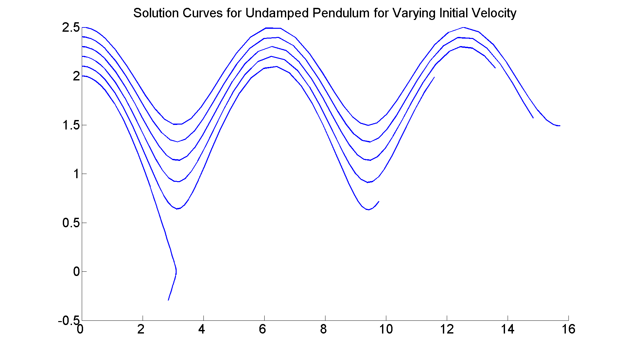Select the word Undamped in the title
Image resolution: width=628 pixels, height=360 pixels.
(x=277, y=13)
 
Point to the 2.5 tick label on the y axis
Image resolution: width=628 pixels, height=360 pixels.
(x=71, y=28)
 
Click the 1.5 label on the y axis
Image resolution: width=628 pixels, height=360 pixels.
(x=71, y=125)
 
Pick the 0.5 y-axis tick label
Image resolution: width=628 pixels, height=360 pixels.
(x=71, y=223)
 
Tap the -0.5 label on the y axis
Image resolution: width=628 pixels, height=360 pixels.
(x=69, y=321)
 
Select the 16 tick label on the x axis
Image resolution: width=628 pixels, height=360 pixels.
(x=568, y=329)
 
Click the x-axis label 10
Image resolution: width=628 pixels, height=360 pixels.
(x=386, y=329)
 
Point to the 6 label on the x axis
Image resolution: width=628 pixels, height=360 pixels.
(x=262, y=329)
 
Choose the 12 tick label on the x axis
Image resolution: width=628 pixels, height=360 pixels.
(x=447, y=329)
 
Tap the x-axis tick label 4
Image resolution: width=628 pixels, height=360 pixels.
(x=201, y=329)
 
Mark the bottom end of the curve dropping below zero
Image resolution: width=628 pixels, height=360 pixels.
(x=168, y=300)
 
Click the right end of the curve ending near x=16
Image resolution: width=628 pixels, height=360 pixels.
(x=560, y=126)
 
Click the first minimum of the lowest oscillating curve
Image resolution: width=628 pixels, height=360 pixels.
(x=178, y=209)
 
